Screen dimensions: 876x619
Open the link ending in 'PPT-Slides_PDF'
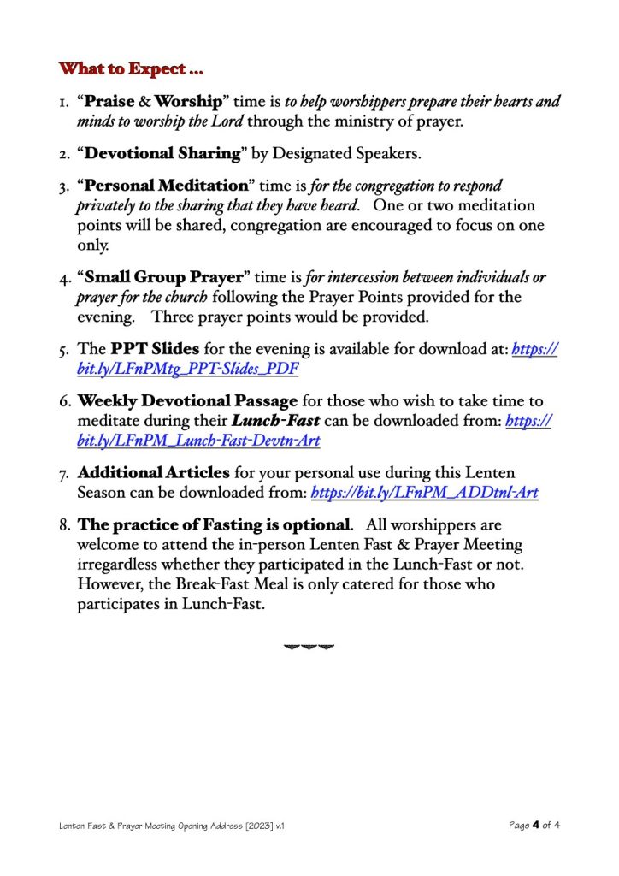coord(188,370)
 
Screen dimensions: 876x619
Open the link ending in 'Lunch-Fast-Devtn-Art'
coord(198,441)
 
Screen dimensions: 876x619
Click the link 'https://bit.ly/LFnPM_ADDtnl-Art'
coord(425,493)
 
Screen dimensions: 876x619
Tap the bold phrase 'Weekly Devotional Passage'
coord(188,401)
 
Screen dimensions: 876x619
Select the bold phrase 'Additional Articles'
coord(154,472)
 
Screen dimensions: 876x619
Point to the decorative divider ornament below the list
coord(309,646)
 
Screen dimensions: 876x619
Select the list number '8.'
coord(65,524)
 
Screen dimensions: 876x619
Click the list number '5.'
coord(65,351)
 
